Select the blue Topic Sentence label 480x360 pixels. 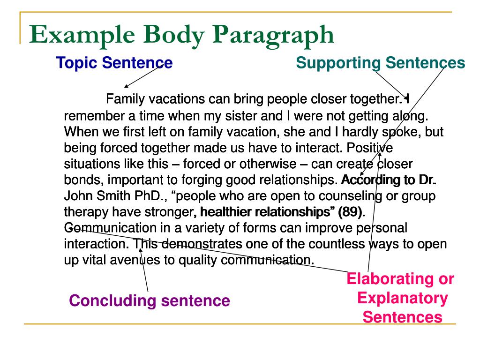point(114,63)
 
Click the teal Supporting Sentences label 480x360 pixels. point(381,63)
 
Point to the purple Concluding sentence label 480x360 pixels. point(150,300)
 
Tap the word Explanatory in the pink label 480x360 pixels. point(403,298)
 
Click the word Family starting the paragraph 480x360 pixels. point(125,99)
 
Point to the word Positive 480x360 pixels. point(370,148)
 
